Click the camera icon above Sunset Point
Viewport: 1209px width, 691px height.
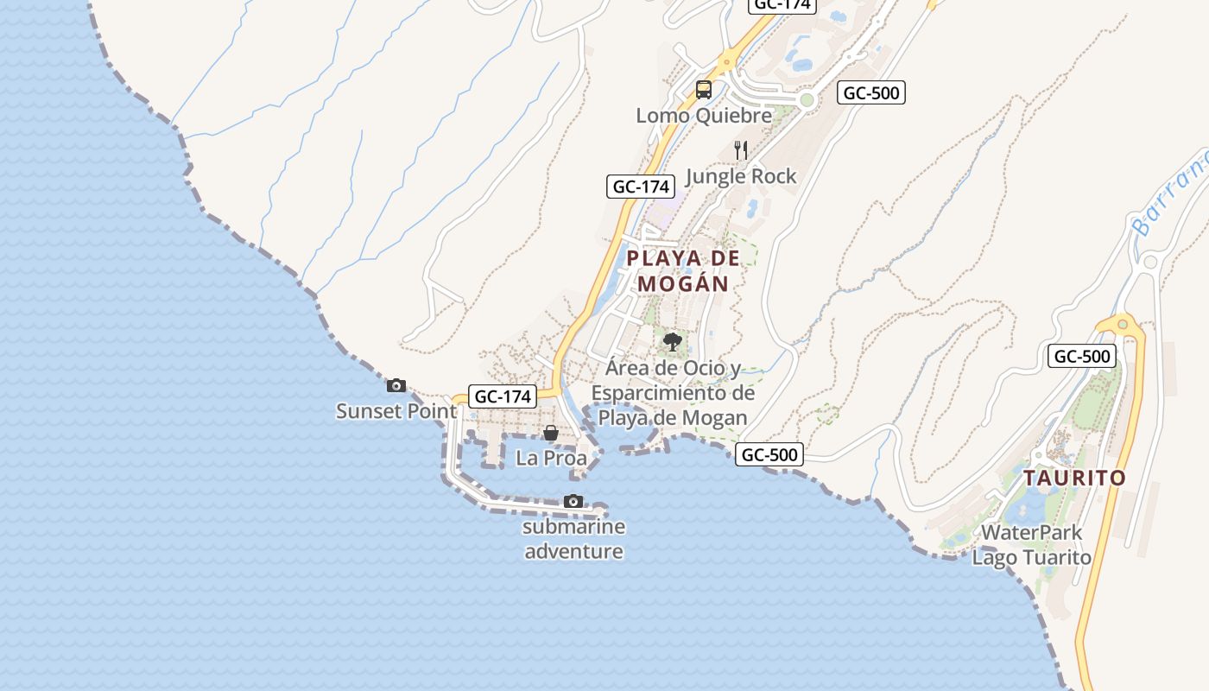(396, 385)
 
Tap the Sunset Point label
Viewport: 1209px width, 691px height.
(396, 411)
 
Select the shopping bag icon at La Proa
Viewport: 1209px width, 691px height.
(550, 432)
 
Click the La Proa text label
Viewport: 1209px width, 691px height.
(551, 458)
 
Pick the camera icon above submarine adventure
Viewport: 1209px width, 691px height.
(573, 501)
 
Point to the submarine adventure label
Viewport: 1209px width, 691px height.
(574, 539)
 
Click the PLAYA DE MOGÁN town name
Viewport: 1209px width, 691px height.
(683, 270)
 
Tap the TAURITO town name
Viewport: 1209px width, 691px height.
(1075, 478)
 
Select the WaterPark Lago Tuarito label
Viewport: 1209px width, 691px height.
(1032, 545)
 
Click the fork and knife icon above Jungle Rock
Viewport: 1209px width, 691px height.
(740, 149)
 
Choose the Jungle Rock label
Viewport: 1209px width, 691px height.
(741, 176)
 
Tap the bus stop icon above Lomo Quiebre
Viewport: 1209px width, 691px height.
(704, 89)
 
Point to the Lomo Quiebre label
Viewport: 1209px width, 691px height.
(704, 115)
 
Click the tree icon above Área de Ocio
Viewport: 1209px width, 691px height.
(673, 342)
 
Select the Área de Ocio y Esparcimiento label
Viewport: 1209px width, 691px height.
(673, 393)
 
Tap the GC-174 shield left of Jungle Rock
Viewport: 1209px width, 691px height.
(640, 186)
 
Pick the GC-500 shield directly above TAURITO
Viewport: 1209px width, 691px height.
(1082, 355)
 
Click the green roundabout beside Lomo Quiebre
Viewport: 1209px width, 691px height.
(807, 100)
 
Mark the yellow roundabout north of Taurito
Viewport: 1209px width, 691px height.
(1123, 325)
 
